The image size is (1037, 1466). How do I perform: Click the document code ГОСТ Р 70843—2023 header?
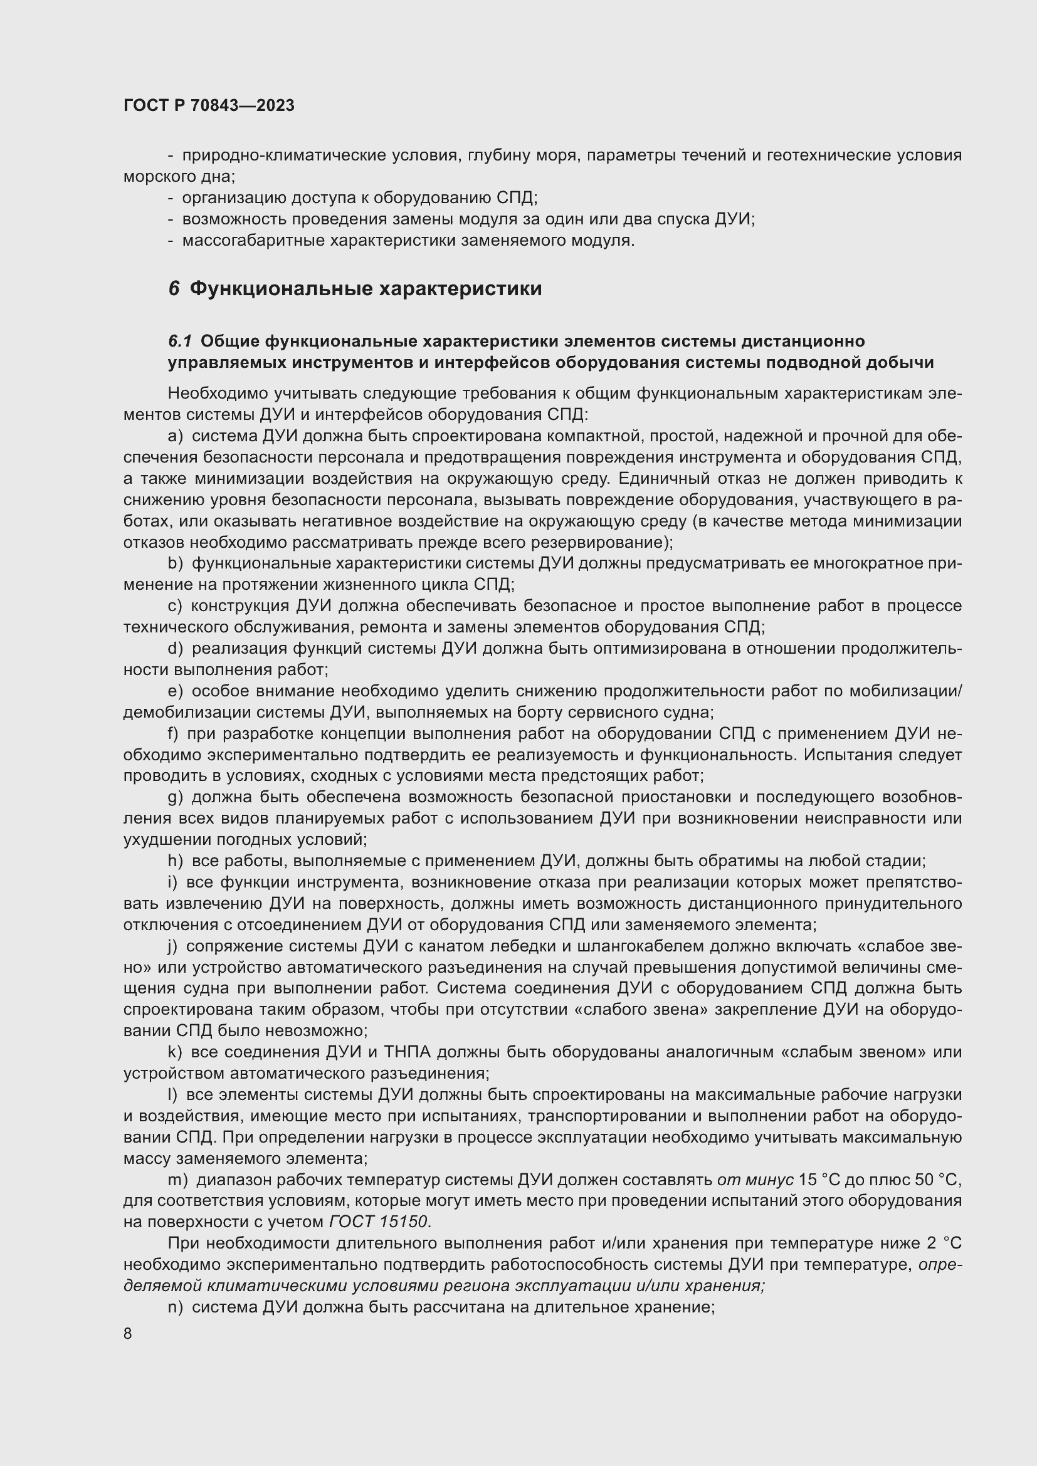(209, 105)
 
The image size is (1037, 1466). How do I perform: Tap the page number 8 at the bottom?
(128, 1333)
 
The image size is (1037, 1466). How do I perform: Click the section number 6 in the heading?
(174, 289)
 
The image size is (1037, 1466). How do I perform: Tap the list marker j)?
(172, 946)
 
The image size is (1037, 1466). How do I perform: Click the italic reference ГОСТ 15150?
(379, 1222)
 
